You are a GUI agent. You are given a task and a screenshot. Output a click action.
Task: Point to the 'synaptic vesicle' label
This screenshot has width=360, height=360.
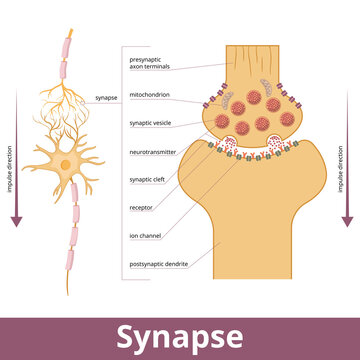point(152,123)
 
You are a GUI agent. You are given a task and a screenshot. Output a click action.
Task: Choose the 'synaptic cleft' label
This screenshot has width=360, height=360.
point(149,180)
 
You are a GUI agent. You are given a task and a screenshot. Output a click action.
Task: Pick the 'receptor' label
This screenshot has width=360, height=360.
point(141,208)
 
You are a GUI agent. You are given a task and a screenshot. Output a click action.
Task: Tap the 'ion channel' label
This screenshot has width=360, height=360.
point(144,236)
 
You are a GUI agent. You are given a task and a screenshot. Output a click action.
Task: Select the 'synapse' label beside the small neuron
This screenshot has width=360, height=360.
point(106,98)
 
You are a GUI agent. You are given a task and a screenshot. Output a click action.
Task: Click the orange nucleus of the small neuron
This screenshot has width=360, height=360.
point(65,162)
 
